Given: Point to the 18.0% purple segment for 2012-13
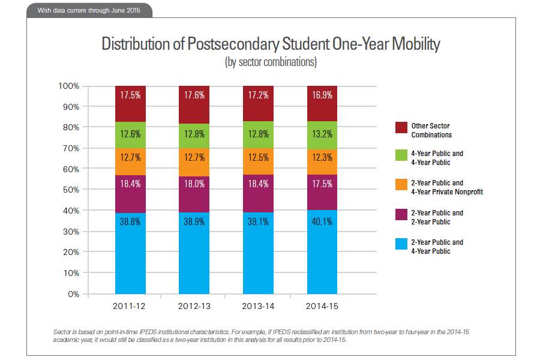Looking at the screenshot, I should click(194, 194).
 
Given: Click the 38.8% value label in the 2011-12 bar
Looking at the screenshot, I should click(130, 221).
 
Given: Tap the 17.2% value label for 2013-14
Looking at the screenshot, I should click(258, 95).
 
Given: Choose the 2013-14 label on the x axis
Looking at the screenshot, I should click(258, 306).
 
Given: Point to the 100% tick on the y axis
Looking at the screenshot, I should click(69, 86).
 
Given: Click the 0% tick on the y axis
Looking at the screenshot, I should click(73, 294).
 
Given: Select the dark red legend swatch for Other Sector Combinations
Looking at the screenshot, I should click(401, 127).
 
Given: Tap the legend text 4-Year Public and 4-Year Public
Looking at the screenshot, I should click(437, 158).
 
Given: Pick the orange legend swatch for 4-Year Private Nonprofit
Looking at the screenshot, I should click(401, 187).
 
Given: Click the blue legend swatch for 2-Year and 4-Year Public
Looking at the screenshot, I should click(401, 245).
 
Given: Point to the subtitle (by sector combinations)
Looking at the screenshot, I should click(270, 62).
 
